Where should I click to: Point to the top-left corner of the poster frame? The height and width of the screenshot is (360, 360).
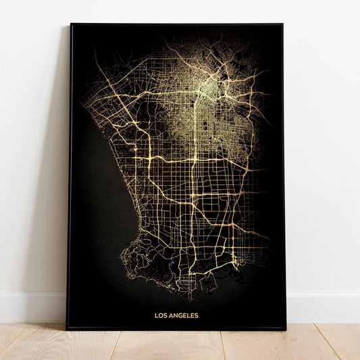click(x=71, y=24)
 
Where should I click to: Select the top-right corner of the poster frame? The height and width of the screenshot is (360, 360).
click(x=282, y=24)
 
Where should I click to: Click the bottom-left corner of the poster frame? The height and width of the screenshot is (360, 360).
click(x=67, y=328)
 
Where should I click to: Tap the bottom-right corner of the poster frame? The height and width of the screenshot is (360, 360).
click(x=286, y=330)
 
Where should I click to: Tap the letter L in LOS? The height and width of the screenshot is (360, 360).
click(x=157, y=315)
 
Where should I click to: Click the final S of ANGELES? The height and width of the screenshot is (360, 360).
click(x=197, y=315)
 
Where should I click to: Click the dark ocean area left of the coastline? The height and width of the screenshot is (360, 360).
click(x=95, y=203)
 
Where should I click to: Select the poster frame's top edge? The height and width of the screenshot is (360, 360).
click(x=176, y=24)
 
